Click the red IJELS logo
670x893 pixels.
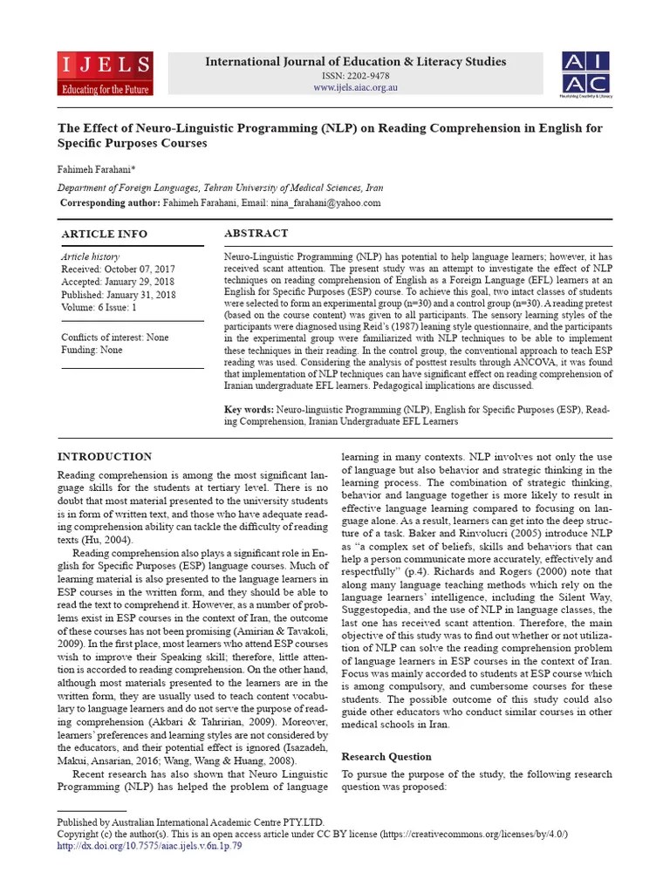tap(106, 73)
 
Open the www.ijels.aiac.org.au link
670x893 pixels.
tap(354, 88)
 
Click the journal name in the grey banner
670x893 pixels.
tap(354, 61)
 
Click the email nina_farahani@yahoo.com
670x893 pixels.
tap(327, 202)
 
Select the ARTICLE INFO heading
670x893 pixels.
tap(104, 234)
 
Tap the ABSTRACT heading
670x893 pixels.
tap(256, 233)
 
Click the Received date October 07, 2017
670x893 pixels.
tap(118, 269)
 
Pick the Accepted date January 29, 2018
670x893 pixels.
tap(118, 282)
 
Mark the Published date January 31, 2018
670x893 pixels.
tap(118, 294)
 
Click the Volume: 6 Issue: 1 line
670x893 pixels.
tap(99, 306)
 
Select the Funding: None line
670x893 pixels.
tap(92, 350)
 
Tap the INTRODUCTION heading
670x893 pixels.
tap(104, 456)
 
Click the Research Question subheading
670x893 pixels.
tap(386, 756)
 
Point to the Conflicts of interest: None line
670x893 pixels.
tap(115, 337)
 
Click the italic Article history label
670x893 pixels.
tap(90, 257)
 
